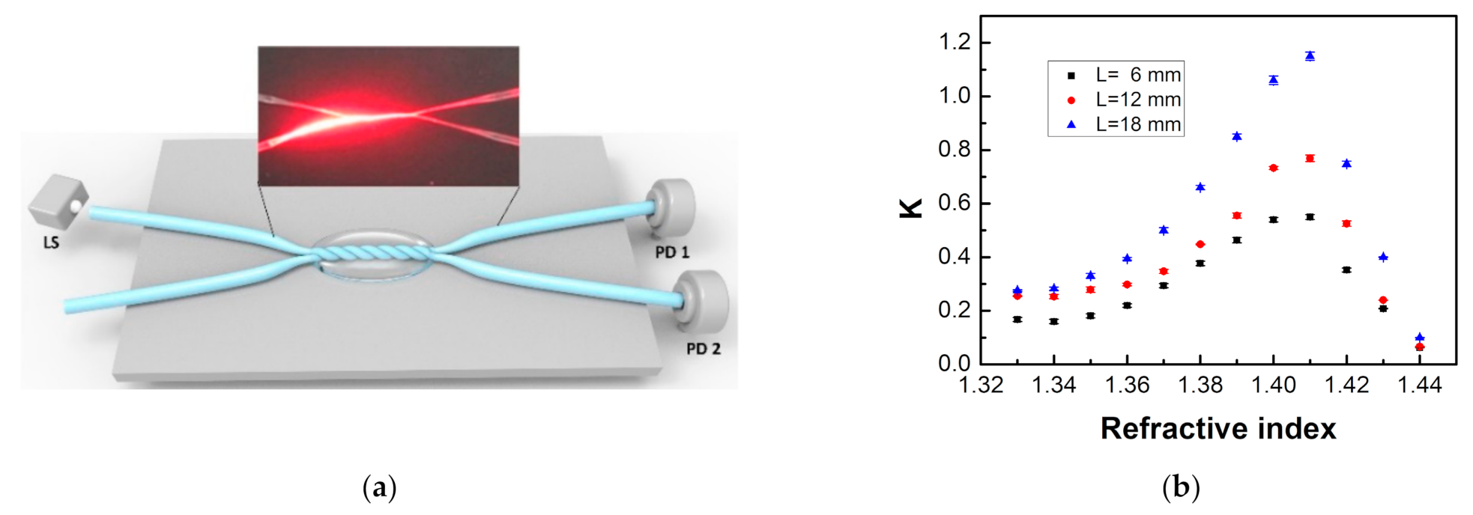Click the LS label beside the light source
tap(51, 243)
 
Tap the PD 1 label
tap(672, 252)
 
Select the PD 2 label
tap(704, 349)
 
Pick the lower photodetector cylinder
tap(703, 301)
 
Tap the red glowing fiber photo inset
tap(388, 115)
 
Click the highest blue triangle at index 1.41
tap(1310, 56)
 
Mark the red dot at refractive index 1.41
tap(1310, 158)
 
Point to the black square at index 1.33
tap(1017, 320)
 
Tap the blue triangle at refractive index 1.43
tap(1383, 257)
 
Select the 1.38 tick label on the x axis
tap(1200, 385)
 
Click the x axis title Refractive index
tap(1218, 428)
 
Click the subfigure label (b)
tap(1181, 487)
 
